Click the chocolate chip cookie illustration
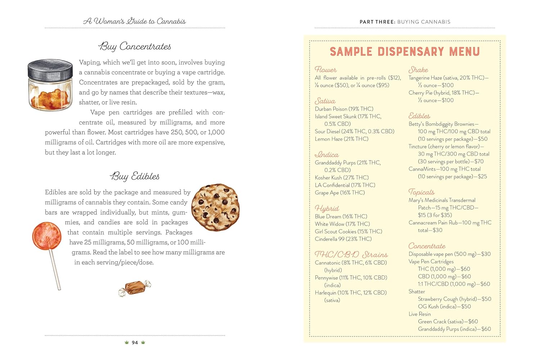[215, 207]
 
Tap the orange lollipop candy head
[46, 236]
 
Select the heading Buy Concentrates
[135, 46]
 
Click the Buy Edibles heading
[135, 176]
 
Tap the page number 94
[135, 343]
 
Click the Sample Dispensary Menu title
[405, 52]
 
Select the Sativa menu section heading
[325, 101]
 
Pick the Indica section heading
[327, 155]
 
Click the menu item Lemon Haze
[341, 139]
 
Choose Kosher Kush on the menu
[342, 177]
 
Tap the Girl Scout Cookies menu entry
[348, 231]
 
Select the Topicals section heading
[421, 192]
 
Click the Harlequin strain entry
[350, 293]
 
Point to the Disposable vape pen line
[449, 254]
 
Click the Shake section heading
[418, 70]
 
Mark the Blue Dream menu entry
[341, 216]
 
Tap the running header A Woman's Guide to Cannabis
[135, 21]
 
